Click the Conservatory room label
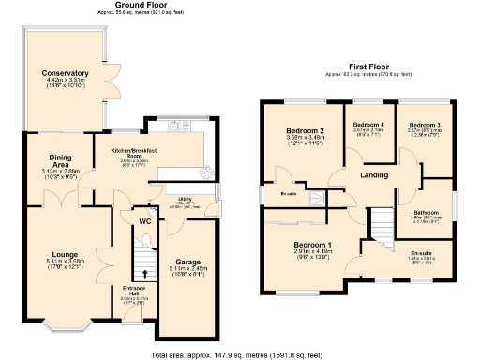(x=65, y=73)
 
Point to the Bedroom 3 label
(x=425, y=125)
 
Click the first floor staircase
(x=385, y=221)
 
